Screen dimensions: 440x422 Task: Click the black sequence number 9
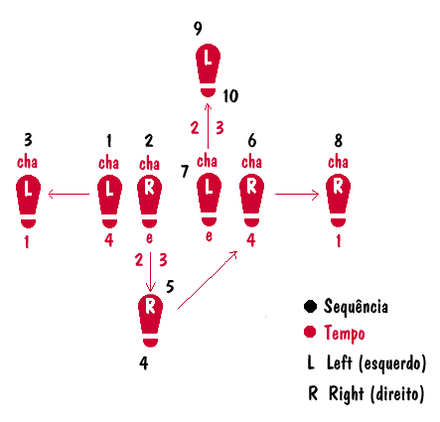click(198, 29)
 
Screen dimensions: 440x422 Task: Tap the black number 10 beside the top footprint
click(230, 96)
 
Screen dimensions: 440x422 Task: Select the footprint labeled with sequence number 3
click(28, 202)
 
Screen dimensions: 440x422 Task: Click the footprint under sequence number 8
click(338, 201)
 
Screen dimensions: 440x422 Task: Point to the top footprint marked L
click(208, 70)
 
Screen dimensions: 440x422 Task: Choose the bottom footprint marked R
click(150, 321)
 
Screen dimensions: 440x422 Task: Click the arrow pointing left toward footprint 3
click(69, 194)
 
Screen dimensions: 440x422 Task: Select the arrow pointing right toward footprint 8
click(297, 194)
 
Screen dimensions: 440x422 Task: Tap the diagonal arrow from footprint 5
click(208, 280)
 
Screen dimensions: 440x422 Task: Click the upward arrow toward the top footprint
click(208, 126)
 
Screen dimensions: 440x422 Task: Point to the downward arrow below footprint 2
click(151, 272)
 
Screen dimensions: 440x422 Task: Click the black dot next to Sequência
click(310, 306)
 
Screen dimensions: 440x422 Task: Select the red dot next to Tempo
click(310, 332)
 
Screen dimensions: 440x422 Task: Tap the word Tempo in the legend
click(345, 334)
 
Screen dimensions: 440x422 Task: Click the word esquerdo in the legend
click(392, 363)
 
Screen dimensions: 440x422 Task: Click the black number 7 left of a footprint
click(185, 171)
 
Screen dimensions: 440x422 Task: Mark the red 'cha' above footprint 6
click(251, 162)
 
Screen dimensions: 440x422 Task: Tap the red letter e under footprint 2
click(149, 238)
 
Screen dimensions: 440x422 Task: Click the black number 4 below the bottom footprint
click(144, 363)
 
